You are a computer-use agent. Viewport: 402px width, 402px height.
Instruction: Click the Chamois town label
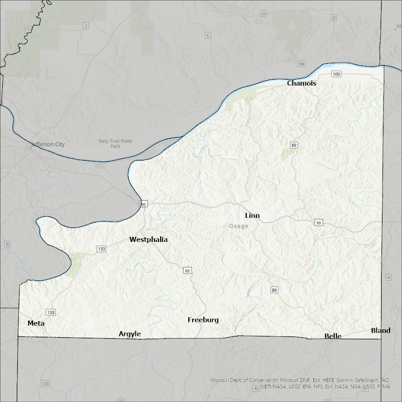click(x=301, y=83)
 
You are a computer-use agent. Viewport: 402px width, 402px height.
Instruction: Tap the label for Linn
click(x=252, y=215)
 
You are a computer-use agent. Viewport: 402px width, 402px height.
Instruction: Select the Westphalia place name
click(x=148, y=240)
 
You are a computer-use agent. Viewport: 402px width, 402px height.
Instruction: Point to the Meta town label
click(x=36, y=323)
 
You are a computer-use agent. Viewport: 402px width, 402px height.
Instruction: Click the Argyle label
click(x=130, y=334)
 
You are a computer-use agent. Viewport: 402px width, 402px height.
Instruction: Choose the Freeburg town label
click(x=203, y=320)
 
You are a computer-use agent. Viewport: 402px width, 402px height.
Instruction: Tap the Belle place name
click(x=333, y=336)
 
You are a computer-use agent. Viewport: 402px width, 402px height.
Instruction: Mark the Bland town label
click(x=381, y=331)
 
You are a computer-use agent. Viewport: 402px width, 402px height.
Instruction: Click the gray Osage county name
click(x=239, y=226)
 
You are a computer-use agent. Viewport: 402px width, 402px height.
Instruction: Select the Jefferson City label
click(x=48, y=144)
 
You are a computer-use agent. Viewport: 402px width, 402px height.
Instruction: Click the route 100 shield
click(x=336, y=74)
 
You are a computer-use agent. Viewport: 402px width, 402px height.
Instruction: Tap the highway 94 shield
click(x=302, y=63)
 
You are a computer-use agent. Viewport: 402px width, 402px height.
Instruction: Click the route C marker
click(x=208, y=35)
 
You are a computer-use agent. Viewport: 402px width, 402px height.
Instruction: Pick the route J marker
click(x=85, y=26)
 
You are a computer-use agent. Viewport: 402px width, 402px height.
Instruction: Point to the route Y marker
click(x=29, y=30)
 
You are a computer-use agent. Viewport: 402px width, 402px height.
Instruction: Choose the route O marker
click(x=263, y=14)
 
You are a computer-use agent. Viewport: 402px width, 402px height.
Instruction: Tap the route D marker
click(x=333, y=18)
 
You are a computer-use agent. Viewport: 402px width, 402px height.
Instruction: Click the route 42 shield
click(x=256, y=388)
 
